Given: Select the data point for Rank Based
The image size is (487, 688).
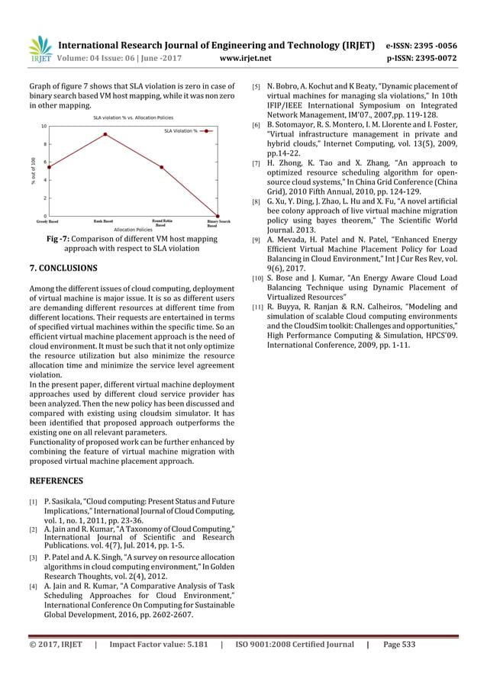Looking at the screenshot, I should click(105, 134).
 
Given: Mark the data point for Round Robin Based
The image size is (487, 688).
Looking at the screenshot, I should click(161, 167).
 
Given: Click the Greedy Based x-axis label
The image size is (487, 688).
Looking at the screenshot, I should click(49, 220).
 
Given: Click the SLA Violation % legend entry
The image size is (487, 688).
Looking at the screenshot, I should click(180, 131).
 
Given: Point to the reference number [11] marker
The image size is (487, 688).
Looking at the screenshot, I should click(258, 307).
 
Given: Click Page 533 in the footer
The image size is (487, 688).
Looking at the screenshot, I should click(399, 645).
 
